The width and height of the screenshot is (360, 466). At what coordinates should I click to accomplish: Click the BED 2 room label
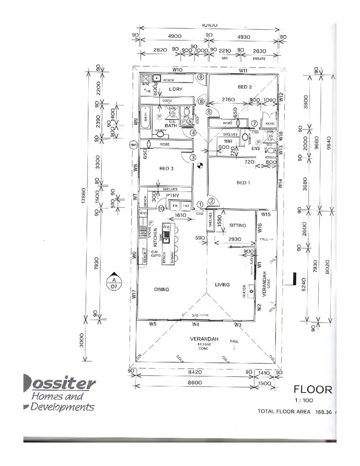tap(245, 87)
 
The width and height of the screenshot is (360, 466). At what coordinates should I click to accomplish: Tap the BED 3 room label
tap(166, 168)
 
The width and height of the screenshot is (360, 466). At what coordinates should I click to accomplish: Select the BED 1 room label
tap(244, 182)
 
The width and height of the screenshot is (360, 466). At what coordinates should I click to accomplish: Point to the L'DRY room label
tap(176, 89)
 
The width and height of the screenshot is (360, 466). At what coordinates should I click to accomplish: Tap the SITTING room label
tap(238, 225)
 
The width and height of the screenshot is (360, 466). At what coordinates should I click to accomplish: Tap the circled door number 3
tap(192, 157)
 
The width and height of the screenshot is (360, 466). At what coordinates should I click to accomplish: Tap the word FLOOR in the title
tap(312, 389)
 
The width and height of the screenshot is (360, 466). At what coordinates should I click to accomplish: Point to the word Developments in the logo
tap(62, 407)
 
